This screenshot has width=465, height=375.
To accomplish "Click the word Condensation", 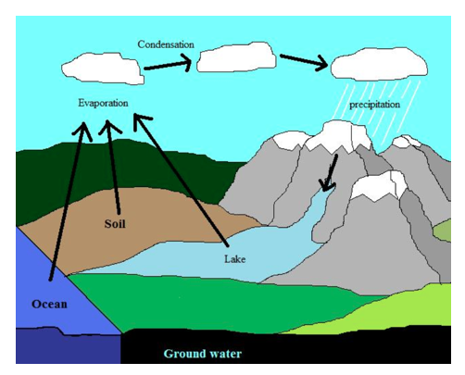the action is click(x=166, y=44).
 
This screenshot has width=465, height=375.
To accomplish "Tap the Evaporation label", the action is click(x=103, y=103).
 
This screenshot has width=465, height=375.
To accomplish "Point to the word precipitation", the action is click(x=374, y=105).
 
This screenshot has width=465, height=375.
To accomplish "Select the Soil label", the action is click(x=115, y=224).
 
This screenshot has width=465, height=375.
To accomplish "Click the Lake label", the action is click(x=235, y=259).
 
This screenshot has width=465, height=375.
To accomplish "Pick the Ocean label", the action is click(x=49, y=305).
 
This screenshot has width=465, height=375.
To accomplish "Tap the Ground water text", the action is click(x=203, y=354).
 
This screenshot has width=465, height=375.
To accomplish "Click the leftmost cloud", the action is click(x=103, y=69).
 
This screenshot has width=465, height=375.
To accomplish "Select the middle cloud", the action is click(x=236, y=57).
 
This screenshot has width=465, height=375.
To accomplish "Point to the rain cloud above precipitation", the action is click(x=380, y=64).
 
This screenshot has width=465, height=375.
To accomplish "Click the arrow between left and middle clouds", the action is click(x=168, y=64).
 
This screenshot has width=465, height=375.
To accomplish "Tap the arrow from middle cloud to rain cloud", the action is click(x=304, y=61).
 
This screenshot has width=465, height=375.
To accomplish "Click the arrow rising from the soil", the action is click(x=114, y=167).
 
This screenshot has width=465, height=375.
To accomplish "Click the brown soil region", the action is click(x=130, y=222).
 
